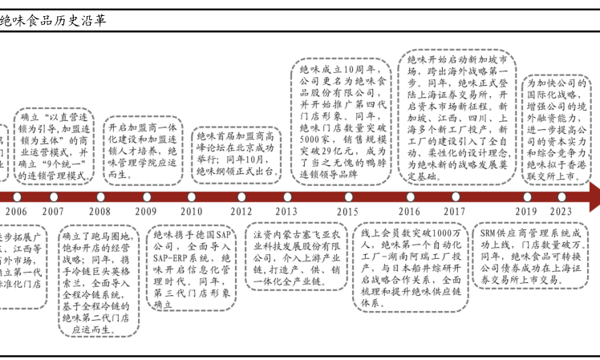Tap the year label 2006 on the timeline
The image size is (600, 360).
click(15, 211)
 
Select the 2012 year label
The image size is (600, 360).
click(241, 211)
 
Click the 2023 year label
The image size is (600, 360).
click(561, 211)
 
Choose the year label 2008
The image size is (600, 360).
click(99, 211)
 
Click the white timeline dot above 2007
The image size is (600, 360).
click(54, 196)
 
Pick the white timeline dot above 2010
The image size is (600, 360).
click(192, 196)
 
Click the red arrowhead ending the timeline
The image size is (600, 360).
click(593, 196)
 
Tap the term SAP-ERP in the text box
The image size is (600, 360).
click(172, 258)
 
